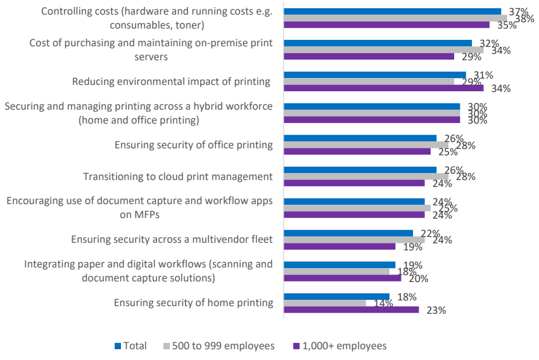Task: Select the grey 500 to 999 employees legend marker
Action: tap(167, 346)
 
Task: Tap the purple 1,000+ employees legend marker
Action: tap(296, 346)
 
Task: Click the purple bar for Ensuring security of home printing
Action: tap(351, 310)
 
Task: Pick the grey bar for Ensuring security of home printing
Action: tap(325, 303)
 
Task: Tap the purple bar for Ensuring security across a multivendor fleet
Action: tap(339, 247)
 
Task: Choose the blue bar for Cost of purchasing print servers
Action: tap(377, 43)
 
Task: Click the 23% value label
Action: tap(436, 311)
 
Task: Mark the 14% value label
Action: tap(383, 304)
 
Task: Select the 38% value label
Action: tap(524, 19)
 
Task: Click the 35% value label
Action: tap(507, 25)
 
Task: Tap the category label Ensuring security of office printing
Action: tap(193, 145)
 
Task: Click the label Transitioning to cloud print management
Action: tap(178, 177)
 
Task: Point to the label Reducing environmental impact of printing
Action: tap(171, 82)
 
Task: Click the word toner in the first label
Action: tap(191, 25)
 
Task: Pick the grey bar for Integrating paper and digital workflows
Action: tap(336, 271)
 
